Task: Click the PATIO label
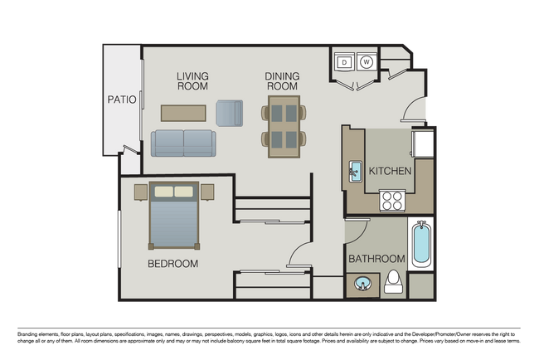121,100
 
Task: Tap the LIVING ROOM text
192,80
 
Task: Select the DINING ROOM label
282,80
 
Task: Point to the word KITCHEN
390,171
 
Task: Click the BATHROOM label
376,259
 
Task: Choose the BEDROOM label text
172,264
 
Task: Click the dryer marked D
344,61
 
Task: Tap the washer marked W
367,61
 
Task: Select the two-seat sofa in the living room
182,143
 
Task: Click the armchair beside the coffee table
230,113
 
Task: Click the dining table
283,126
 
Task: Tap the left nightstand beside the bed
141,192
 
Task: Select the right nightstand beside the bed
207,192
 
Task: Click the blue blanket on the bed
174,224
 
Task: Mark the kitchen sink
355,171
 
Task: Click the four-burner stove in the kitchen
391,200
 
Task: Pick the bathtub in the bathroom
420,243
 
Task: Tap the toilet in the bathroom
395,282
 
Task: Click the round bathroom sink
363,285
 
